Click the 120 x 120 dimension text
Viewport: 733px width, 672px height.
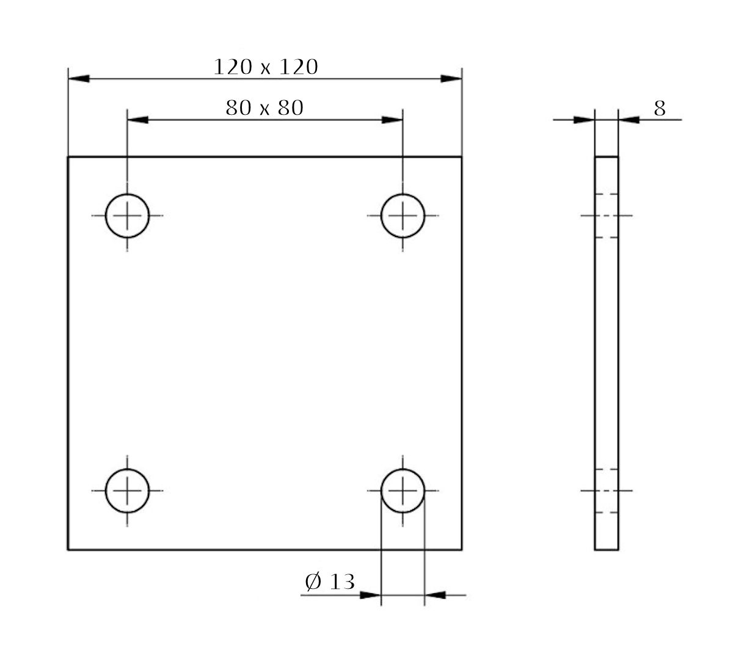(x=265, y=67)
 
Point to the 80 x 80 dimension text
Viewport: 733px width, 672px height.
(x=264, y=108)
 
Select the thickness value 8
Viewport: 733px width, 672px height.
(x=660, y=109)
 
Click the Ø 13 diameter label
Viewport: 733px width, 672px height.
(x=330, y=582)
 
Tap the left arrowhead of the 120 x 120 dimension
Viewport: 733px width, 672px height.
(x=79, y=79)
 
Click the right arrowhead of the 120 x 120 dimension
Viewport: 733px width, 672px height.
(x=451, y=79)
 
